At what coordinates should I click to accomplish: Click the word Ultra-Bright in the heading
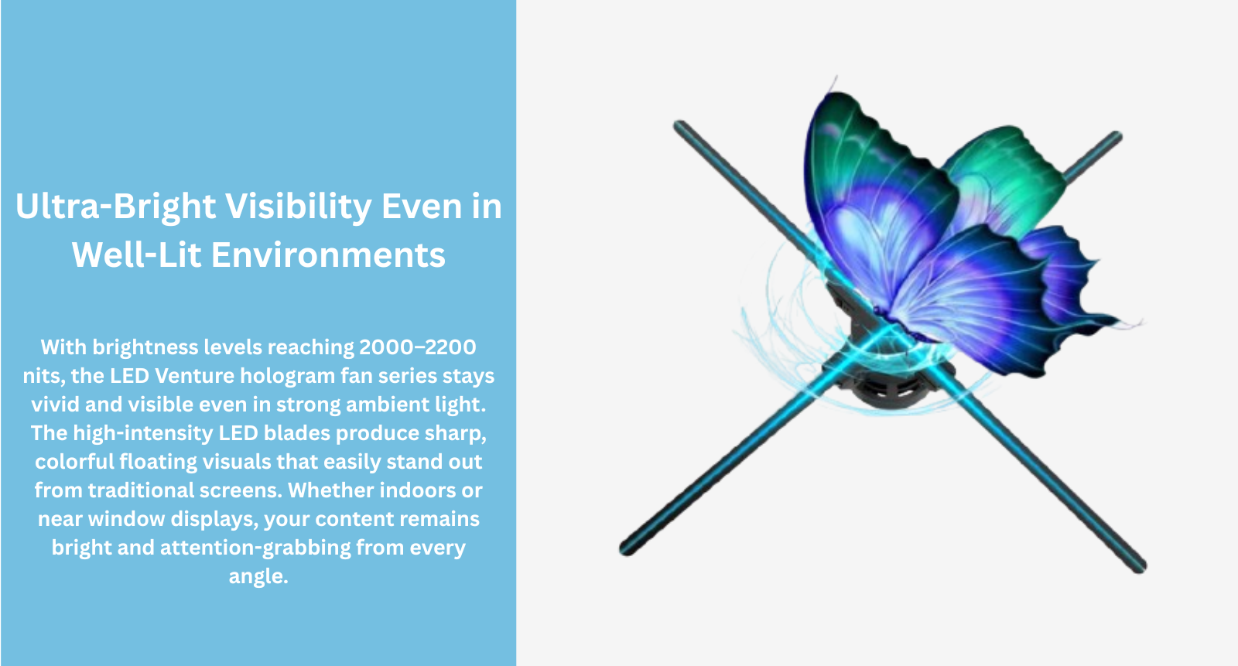[115, 207]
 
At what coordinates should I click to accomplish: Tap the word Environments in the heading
[328, 254]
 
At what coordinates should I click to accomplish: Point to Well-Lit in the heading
[136, 254]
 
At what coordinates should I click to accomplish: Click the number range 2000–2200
[417, 347]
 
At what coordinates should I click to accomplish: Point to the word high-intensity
[142, 434]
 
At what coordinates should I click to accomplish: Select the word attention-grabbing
[255, 548]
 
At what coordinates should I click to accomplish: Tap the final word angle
[258, 577]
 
